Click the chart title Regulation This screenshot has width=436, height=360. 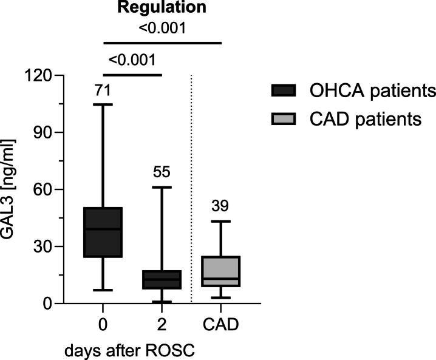[x=162, y=8]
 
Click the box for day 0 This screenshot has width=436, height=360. [x=103, y=232]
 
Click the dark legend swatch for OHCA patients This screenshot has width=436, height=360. [x=282, y=91]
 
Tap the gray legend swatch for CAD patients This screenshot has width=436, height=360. [x=282, y=119]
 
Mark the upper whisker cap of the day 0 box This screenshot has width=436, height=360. [x=103, y=105]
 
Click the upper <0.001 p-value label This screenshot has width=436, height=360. [x=162, y=28]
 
